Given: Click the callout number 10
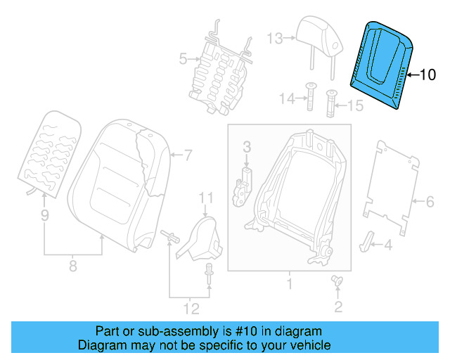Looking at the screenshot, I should click(x=427, y=74).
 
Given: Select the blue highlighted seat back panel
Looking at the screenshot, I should click(x=382, y=63).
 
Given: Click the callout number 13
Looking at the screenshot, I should click(x=275, y=37).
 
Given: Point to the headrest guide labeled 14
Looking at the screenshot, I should click(x=309, y=97).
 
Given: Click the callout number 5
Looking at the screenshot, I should click(x=183, y=59).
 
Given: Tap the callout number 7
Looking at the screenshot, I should click(x=188, y=154).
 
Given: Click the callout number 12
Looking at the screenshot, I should click(x=191, y=308).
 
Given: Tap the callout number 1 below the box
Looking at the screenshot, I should click(x=288, y=285).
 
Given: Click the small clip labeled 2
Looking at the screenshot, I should click(x=336, y=282).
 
